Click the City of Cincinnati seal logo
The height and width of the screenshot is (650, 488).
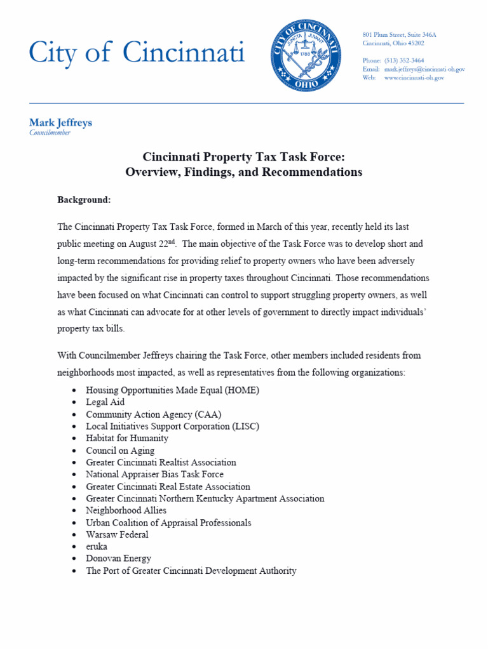tap(307, 56)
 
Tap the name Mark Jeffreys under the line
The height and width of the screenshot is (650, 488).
tap(60, 123)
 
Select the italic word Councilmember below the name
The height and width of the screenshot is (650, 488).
tap(50, 133)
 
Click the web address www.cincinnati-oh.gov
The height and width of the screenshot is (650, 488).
tap(414, 77)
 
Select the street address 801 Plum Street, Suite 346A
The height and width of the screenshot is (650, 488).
tap(399, 34)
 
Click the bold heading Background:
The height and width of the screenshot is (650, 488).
tap(84, 200)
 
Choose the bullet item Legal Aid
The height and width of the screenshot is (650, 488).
tap(105, 402)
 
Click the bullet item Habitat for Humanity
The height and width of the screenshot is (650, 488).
tap(127, 439)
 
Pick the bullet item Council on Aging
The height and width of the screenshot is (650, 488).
tap(120, 451)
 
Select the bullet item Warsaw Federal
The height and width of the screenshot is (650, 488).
tap(117, 534)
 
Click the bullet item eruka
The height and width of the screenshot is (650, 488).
tap(97, 547)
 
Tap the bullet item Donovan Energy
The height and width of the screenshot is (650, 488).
tap(119, 559)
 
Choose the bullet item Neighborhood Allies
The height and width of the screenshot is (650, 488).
tap(126, 510)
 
